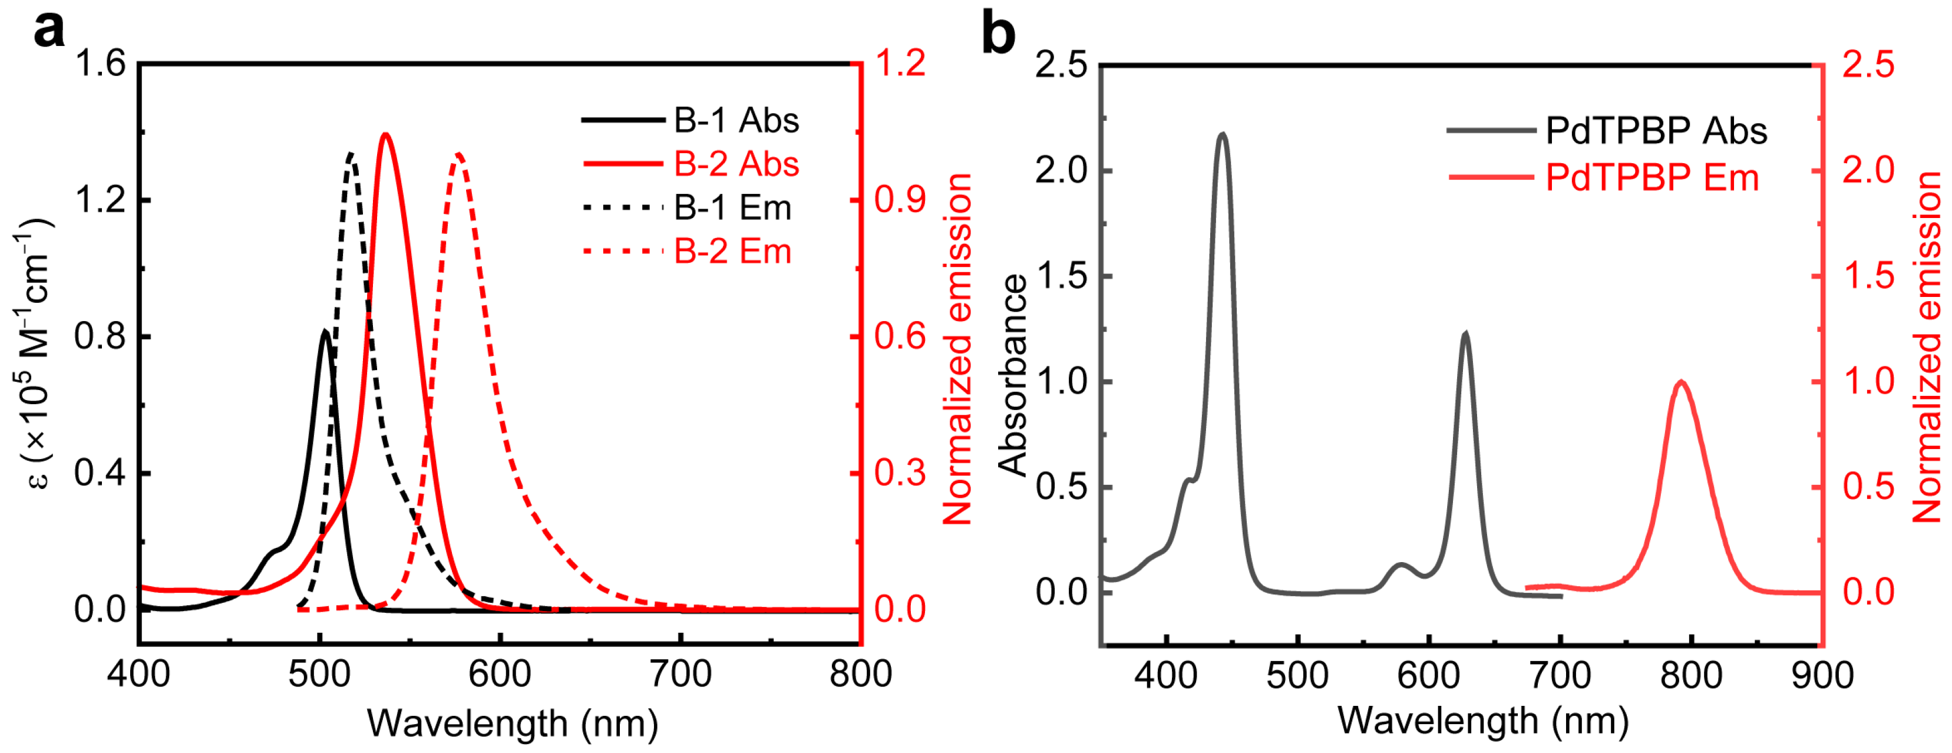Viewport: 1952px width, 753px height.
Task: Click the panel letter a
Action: pos(49,32)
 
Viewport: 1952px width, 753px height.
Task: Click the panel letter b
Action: pos(998,34)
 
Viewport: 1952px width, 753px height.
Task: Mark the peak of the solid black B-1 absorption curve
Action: pos(324,331)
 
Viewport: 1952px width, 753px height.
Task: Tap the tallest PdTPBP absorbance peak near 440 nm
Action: pos(1222,134)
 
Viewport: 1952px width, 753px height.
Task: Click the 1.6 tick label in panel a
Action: pos(99,64)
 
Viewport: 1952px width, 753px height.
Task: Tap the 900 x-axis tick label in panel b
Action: pos(1822,676)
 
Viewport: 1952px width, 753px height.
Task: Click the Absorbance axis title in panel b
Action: pos(1012,375)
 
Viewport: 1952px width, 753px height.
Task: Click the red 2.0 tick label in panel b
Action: pos(1868,170)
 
